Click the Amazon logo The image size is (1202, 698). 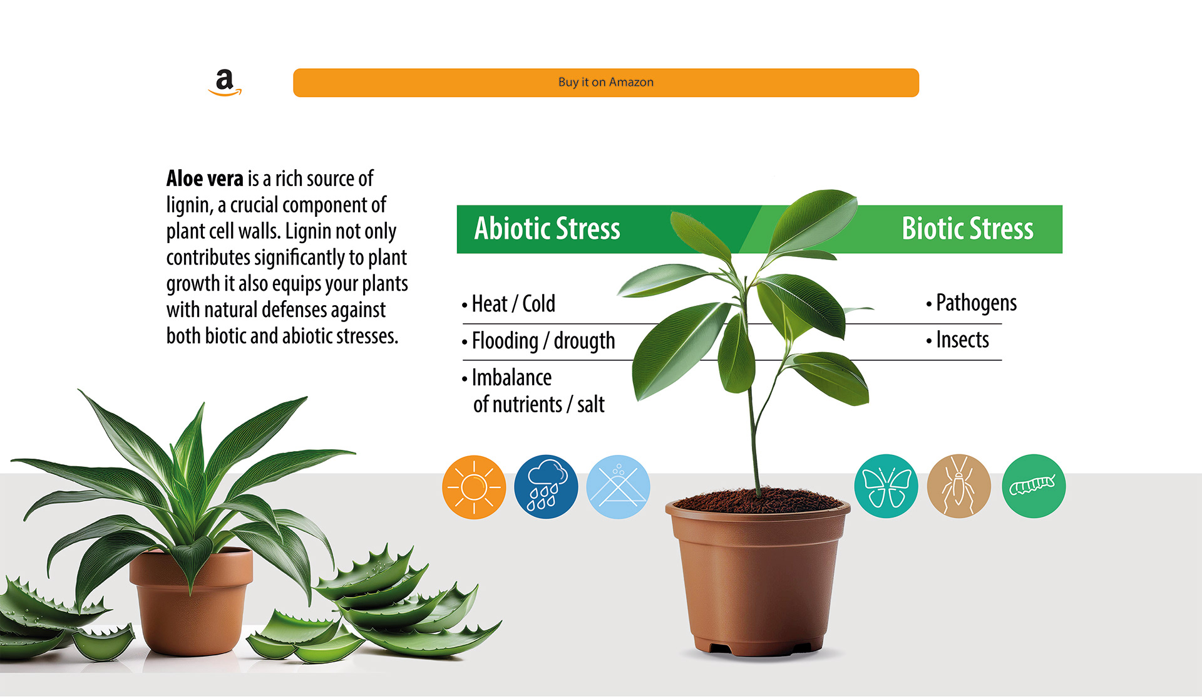(x=225, y=83)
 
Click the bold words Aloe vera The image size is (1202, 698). (x=205, y=179)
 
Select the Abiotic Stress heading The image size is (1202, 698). (x=547, y=229)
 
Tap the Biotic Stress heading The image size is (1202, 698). (x=967, y=229)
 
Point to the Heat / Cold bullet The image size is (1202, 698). (x=508, y=305)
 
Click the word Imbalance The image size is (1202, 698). (x=511, y=378)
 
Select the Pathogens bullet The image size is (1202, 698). (x=971, y=303)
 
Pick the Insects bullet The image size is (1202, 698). (x=957, y=340)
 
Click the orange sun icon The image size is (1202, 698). (x=474, y=487)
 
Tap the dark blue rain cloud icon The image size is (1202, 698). (x=546, y=487)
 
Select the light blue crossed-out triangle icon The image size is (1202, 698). (x=619, y=487)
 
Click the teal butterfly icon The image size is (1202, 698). (x=886, y=486)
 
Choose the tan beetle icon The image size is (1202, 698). (x=958, y=486)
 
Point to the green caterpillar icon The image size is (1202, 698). (x=1034, y=486)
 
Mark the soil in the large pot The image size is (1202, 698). (x=758, y=501)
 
